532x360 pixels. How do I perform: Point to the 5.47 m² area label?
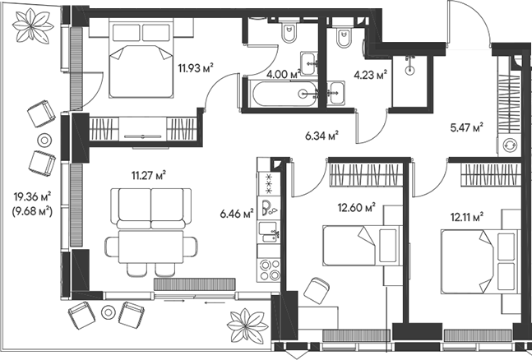(x=465, y=127)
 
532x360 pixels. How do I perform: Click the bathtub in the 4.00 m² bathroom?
(x=280, y=95)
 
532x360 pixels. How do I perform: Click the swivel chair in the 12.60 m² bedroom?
(x=315, y=290)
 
